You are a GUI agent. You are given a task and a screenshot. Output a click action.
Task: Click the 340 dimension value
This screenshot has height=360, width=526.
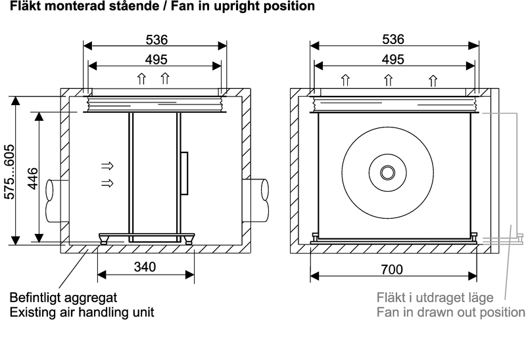[145, 267]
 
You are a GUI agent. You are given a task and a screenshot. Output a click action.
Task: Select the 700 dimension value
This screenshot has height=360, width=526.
[392, 269]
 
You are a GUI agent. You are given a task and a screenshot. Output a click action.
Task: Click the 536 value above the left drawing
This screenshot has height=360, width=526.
[156, 39]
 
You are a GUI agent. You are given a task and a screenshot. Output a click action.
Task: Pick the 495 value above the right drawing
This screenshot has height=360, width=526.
[393, 59]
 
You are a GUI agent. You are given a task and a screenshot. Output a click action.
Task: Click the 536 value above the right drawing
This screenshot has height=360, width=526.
[393, 39]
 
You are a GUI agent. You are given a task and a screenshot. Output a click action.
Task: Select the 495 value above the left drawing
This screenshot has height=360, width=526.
[156, 59]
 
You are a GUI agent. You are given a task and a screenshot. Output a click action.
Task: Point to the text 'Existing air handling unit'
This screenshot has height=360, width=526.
[82, 312]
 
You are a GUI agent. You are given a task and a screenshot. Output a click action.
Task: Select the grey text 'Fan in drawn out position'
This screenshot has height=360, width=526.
[450, 312]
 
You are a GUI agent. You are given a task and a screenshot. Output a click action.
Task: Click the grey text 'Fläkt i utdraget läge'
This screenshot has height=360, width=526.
[435, 298]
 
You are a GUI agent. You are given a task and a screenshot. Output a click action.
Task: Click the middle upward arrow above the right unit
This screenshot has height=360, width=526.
[389, 81]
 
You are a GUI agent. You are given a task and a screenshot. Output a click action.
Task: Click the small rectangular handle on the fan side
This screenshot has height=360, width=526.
[186, 172]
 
